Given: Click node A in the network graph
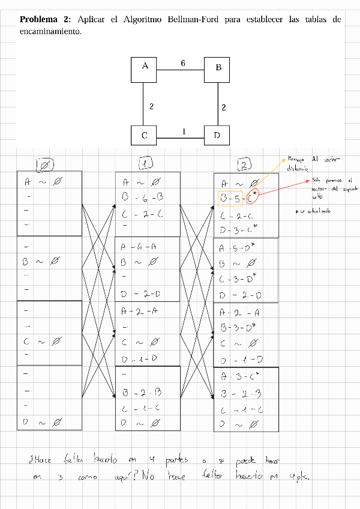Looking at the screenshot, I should (144, 68).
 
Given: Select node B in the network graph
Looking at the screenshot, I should (217, 68).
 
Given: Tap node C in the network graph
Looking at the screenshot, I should (144, 136).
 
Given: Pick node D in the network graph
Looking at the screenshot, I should (217, 136).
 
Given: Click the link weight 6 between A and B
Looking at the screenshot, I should (183, 63).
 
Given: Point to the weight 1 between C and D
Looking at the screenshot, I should (184, 131).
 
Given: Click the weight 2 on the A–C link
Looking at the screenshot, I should (151, 106).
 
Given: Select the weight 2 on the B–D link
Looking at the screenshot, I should (223, 107).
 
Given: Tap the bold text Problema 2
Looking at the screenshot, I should (46, 20).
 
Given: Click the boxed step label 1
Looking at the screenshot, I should (145, 163).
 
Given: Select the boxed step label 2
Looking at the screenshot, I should (244, 164).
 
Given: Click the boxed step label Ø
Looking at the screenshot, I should (45, 165).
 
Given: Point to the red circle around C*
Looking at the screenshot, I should (253, 196).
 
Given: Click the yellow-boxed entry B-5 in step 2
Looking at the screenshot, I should (231, 197).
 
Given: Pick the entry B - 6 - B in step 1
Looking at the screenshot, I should (143, 196).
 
